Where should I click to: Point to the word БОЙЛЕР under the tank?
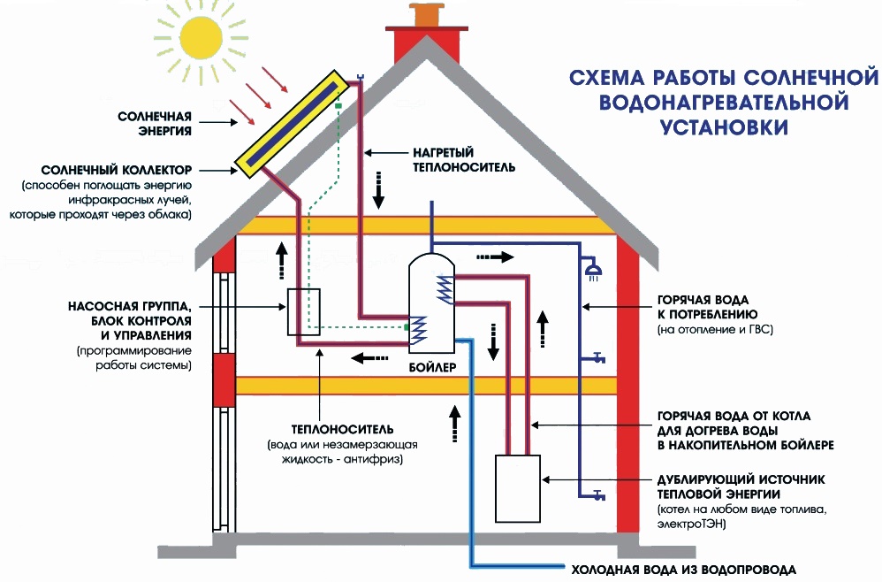point(432,365)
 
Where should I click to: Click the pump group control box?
point(302,312)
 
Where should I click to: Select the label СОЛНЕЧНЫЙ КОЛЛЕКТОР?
point(121,169)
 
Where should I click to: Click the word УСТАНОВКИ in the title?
point(723,127)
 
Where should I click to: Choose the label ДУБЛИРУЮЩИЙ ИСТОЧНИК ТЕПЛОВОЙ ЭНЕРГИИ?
point(741,486)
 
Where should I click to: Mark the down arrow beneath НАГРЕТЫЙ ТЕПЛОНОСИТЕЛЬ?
point(377,195)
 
